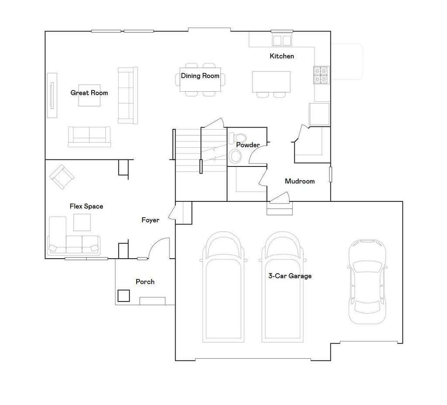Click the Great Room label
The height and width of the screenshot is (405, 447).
tap(89, 93)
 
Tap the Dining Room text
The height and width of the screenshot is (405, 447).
tap(200, 76)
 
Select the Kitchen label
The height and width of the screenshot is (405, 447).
tap(282, 56)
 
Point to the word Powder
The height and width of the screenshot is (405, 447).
tap(248, 145)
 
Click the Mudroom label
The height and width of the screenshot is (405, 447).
tap(299, 181)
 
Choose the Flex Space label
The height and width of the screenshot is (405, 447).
tap(86, 206)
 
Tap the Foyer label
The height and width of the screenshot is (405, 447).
tap(150, 220)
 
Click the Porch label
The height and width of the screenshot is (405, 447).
tap(145, 282)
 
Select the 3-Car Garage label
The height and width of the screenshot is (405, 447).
tap(290, 276)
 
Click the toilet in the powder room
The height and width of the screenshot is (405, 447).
tap(237, 138)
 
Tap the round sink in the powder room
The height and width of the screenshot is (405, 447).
tap(235, 156)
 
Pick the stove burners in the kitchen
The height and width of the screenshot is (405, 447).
tap(322, 75)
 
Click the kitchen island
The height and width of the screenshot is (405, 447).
tap(271, 82)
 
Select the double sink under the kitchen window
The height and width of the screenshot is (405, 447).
tap(282, 40)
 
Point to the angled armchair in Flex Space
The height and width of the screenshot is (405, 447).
tap(62, 177)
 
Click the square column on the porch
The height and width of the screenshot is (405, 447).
tap(124, 296)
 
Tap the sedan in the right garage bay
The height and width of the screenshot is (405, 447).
tap(367, 282)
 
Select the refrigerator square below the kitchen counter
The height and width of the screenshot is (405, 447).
tap(319, 114)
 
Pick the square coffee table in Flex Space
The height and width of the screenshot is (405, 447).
tap(82, 222)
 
